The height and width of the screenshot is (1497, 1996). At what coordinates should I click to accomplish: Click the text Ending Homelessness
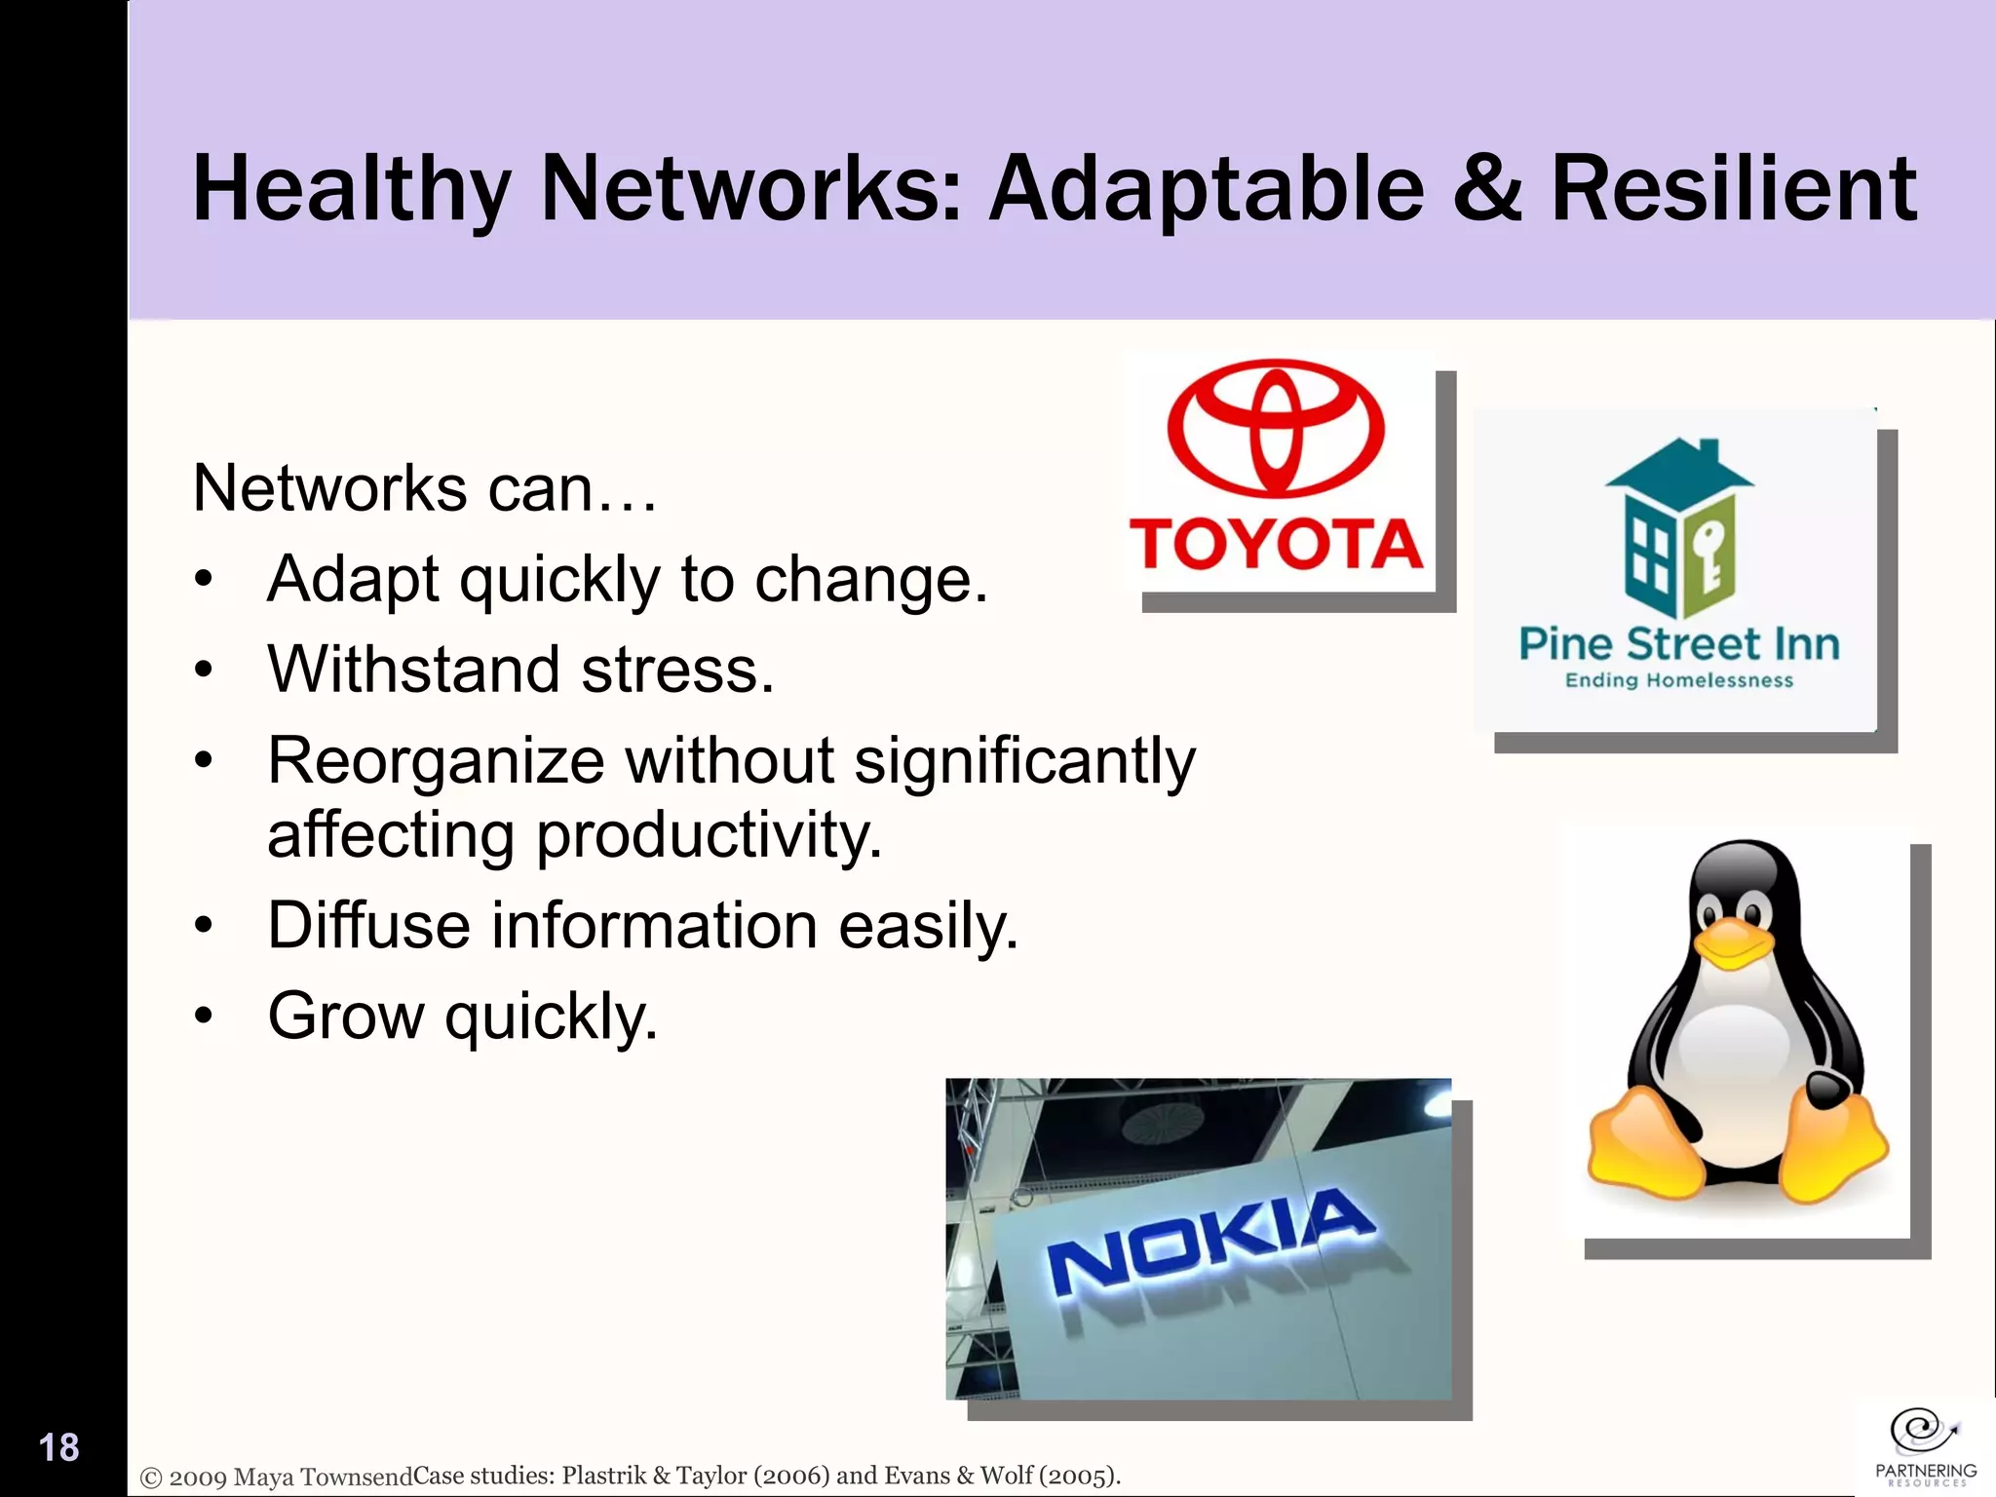1678,680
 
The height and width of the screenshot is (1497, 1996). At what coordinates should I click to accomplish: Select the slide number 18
58,1447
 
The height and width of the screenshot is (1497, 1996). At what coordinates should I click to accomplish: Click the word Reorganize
436,760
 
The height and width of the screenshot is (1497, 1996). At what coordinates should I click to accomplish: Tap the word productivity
709,835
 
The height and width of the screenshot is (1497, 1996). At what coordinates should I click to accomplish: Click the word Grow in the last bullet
346,1017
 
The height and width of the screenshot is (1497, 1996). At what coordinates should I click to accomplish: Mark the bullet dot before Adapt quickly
203,580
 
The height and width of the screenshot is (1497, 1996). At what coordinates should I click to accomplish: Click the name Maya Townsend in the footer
324,1477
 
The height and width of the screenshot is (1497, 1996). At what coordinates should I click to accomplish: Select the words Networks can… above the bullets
425,487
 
